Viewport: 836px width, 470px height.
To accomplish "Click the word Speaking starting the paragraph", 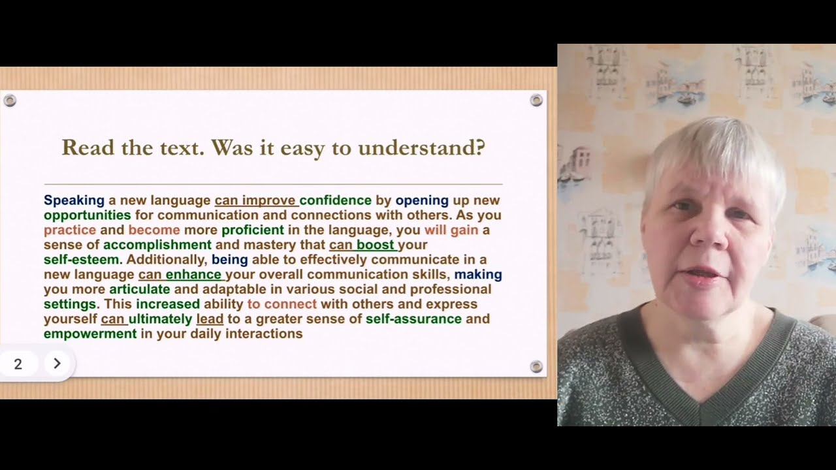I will tap(74, 200).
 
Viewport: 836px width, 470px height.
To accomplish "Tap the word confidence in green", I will tap(335, 200).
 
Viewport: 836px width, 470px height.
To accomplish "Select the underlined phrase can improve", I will tap(255, 200).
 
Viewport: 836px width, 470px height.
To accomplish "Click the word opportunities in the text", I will tap(87, 215).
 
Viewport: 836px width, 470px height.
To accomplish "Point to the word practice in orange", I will tap(70, 230).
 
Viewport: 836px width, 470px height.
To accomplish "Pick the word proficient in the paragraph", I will tap(253, 230).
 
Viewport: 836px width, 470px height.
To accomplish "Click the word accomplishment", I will tap(157, 245).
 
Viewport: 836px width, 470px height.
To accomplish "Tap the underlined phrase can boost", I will tap(362, 245).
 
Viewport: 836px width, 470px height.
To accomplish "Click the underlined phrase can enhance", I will tap(180, 275).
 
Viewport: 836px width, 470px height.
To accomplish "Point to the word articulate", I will tap(140, 289).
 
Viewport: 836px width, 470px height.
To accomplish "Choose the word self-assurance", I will tap(413, 319).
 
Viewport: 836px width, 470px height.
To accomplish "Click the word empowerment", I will tap(90, 334).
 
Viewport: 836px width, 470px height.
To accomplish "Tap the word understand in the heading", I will tap(421, 148).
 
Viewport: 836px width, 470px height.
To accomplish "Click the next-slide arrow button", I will tap(57, 364).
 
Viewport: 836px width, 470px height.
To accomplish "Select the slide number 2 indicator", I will tap(18, 364).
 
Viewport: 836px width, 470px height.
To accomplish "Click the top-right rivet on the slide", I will tap(536, 100).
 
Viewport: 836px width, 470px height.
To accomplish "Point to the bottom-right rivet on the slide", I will tap(536, 366).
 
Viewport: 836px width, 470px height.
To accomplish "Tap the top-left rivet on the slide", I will tap(10, 101).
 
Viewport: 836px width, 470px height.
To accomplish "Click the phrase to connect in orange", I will tap(281, 304).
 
